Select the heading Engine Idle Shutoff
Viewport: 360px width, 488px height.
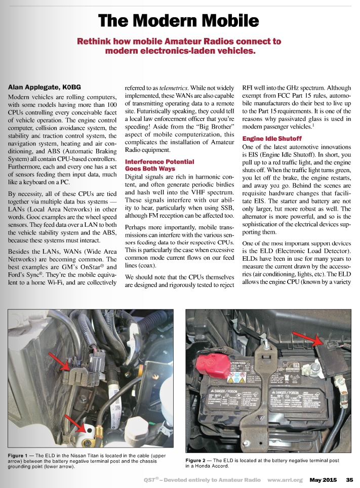(x=272, y=138)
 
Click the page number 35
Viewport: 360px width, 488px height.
(x=349, y=479)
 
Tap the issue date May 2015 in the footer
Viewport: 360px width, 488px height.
(x=323, y=479)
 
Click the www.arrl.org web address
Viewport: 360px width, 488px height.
(x=285, y=479)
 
